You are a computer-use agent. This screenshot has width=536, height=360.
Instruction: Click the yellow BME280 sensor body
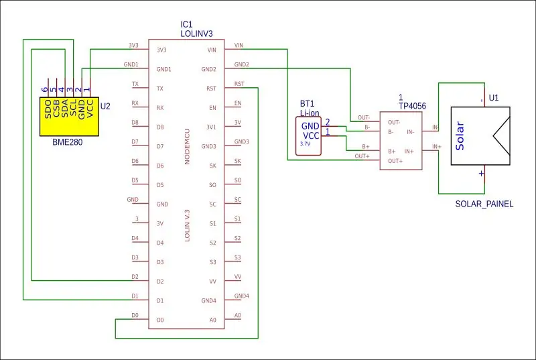(70, 117)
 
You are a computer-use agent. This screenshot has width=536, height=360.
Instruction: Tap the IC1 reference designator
(187, 24)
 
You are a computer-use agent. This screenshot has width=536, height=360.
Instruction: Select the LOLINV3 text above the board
(196, 34)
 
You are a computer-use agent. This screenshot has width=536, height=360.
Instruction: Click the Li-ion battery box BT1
(308, 136)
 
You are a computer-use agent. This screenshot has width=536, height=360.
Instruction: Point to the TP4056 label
(412, 106)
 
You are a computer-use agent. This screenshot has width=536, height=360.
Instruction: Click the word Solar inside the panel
(460, 135)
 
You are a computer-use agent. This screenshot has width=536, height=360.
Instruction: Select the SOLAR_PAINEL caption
(484, 204)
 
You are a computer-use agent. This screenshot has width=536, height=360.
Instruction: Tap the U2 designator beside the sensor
(105, 107)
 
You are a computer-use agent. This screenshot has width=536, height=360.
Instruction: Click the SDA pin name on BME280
(64, 109)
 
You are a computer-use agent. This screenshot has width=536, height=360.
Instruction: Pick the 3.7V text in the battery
(306, 144)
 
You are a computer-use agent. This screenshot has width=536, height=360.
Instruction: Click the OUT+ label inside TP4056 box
(395, 161)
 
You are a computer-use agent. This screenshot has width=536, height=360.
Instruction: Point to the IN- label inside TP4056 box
(410, 132)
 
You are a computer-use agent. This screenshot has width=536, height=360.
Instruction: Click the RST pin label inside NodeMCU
(211, 88)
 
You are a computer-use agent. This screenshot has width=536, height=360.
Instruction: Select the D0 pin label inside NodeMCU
(160, 320)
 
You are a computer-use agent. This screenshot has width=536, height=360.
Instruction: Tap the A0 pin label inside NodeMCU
(212, 320)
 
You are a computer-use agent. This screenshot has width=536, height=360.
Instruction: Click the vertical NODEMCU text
(187, 147)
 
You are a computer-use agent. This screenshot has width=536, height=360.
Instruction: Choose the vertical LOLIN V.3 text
(187, 226)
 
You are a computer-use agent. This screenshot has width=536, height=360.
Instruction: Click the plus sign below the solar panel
(481, 174)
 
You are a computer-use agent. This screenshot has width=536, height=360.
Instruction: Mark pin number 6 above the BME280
(45, 90)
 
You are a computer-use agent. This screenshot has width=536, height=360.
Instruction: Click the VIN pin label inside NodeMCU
(212, 50)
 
